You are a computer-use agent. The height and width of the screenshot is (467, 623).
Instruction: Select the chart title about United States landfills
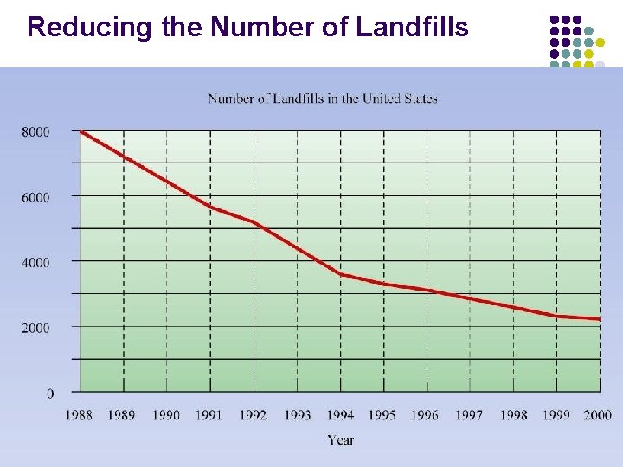tap(323, 98)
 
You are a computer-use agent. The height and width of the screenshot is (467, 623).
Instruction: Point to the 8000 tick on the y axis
tap(36, 131)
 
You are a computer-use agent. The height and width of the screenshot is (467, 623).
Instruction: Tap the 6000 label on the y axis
tap(36, 197)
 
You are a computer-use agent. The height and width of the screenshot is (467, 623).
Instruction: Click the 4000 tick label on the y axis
tap(36, 262)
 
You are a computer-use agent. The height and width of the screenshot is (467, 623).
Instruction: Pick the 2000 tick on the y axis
tap(36, 328)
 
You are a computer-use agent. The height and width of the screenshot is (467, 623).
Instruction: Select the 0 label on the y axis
tap(49, 393)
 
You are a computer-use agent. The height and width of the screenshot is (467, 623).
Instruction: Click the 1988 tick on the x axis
tap(79, 415)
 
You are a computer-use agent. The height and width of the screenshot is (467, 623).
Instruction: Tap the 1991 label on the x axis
tap(209, 415)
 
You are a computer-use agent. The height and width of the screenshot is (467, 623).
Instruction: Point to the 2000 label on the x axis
tap(597, 415)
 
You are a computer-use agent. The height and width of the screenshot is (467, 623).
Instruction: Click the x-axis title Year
tap(340, 440)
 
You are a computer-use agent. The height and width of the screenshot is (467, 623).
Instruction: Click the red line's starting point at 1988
tap(80, 131)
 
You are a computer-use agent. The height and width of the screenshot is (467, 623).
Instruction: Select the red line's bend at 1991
tap(210, 207)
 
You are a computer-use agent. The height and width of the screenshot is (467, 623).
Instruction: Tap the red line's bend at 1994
tap(340, 274)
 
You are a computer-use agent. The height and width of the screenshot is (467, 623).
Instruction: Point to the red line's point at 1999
tap(556, 316)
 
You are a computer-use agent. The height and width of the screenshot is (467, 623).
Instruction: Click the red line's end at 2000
tap(599, 319)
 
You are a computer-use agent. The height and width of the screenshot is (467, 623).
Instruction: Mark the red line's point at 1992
tap(254, 222)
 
